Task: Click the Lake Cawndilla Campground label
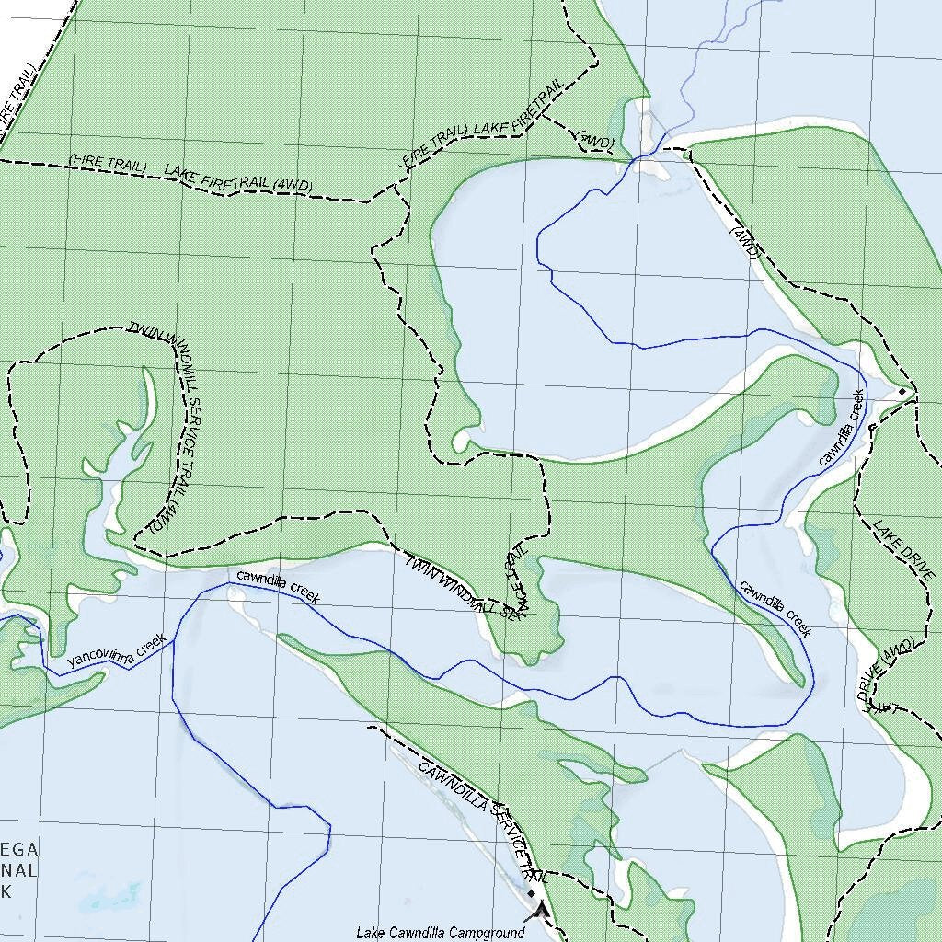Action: (x=440, y=932)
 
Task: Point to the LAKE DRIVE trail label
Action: (x=904, y=549)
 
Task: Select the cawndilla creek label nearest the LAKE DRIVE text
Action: (x=775, y=608)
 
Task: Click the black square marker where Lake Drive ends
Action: (x=902, y=392)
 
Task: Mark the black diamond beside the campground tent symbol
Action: (x=531, y=892)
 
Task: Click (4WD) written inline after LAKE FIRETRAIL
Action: (x=293, y=185)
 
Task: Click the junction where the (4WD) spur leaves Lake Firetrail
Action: (x=541, y=115)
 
